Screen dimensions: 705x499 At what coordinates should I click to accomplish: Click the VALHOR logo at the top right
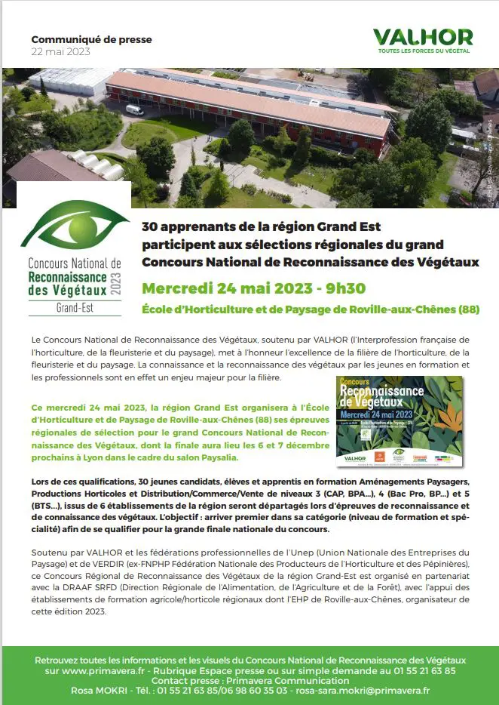tap(423, 37)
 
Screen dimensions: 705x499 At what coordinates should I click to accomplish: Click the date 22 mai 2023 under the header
tap(60, 51)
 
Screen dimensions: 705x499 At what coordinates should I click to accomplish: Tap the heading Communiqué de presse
tap(91, 39)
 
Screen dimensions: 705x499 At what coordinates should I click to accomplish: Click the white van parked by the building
tap(134, 110)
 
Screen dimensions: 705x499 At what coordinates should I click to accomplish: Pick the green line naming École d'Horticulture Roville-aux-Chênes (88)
tap(311, 309)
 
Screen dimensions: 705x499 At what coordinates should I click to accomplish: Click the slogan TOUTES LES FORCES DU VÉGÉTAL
tap(424, 51)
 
